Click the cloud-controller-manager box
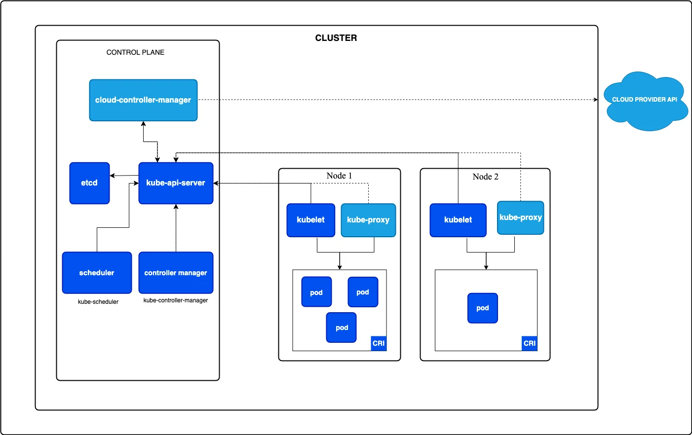click(143, 100)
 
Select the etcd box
click(89, 183)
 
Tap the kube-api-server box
click(176, 183)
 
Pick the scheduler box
click(97, 273)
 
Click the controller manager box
click(176, 273)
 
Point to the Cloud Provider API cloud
click(645, 101)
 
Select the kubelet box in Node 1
click(310, 220)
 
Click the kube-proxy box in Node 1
click(368, 220)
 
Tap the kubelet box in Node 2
click(458, 220)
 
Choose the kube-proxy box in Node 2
click(520, 217)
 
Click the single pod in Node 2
click(482, 308)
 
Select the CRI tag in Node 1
click(379, 343)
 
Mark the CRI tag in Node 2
click(529, 343)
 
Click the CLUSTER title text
click(336, 38)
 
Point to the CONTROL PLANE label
click(135, 52)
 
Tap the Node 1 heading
click(339, 176)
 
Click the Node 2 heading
click(485, 177)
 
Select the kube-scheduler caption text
click(98, 302)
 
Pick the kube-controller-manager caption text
click(176, 300)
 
